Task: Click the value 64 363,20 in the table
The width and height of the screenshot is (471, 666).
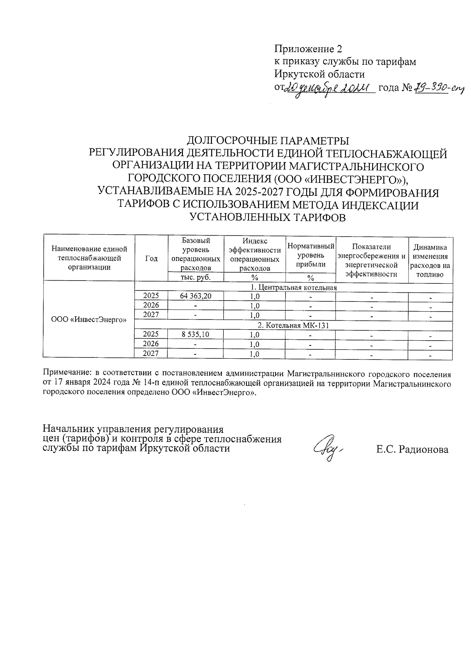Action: pos(195,296)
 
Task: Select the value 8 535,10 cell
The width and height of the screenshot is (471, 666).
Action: pos(195,335)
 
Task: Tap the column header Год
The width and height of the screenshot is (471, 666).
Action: pos(151,258)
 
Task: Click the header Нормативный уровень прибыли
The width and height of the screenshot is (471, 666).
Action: pos(310,255)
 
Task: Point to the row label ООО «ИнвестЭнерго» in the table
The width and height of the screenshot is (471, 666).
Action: pos(89,319)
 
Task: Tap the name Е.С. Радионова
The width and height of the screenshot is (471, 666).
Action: pos(412,450)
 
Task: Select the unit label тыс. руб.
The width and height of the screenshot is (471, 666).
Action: pos(195,277)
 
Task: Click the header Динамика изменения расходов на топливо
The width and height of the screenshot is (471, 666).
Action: pos(430,261)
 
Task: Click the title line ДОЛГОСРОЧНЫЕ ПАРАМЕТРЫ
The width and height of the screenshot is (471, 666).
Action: pos(268,141)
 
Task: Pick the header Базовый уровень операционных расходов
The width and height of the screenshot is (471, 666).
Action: pos(195,254)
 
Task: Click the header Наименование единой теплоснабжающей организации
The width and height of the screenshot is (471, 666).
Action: pos(89,258)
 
